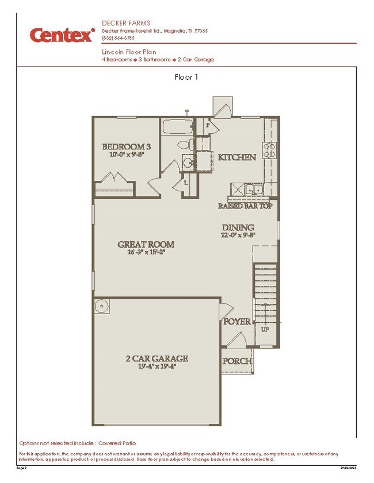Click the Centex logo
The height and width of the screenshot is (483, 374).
(x=62, y=36)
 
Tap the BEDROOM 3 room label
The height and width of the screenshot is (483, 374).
(x=127, y=146)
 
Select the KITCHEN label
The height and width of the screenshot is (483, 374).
(x=236, y=157)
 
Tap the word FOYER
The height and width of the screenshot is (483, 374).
(x=237, y=322)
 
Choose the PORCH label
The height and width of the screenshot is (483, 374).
(x=237, y=361)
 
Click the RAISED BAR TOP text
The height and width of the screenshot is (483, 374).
(x=245, y=206)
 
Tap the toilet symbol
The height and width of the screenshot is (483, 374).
(x=184, y=145)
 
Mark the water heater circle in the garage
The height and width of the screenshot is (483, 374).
(x=102, y=306)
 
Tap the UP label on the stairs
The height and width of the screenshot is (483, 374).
(x=265, y=330)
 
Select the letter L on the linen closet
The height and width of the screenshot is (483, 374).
(x=185, y=183)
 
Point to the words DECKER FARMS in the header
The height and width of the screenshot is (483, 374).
(x=121, y=23)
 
